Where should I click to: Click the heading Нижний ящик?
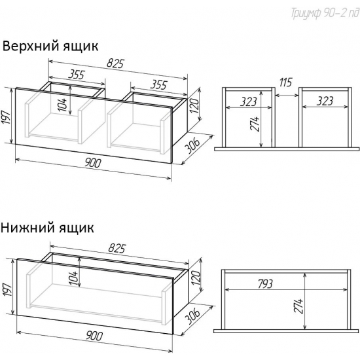(x=47, y=228)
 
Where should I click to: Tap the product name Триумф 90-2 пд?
(x=319, y=15)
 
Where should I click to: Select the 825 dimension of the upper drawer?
(x=117, y=62)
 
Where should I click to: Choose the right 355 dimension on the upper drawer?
(x=157, y=84)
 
